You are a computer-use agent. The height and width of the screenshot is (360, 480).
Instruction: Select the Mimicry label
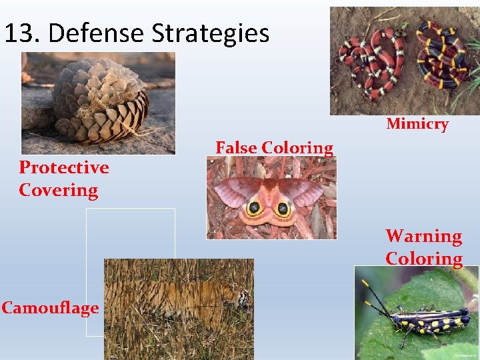tap(417, 124)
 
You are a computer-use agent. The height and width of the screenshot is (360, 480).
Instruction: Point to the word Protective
tap(64, 167)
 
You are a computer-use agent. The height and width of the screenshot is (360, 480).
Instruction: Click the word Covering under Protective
tap(59, 190)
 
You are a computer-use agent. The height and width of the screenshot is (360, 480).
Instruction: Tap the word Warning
tap(423, 236)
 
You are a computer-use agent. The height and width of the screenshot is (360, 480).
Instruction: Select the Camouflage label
tap(50, 307)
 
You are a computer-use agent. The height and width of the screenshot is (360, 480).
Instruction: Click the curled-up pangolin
tap(100, 100)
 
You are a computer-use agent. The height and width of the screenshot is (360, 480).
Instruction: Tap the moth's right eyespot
tap(284, 209)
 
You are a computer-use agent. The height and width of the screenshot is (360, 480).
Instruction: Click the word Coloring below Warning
tap(423, 259)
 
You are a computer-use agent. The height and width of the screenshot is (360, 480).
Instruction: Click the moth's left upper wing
tap(233, 190)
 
